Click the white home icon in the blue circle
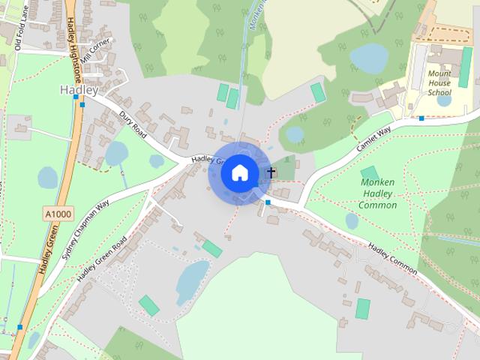click(240, 172)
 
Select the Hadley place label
click(78, 90)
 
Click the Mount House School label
click(439, 83)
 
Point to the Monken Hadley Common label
click(377, 193)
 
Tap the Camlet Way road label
click(374, 139)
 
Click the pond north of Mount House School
click(367, 57)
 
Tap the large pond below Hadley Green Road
click(192, 280)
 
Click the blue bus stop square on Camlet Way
click(421, 118)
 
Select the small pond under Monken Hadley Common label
click(352, 220)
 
